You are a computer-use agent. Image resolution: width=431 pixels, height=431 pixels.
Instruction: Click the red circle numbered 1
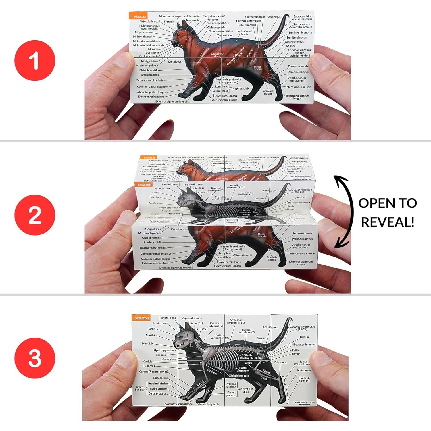[34, 61]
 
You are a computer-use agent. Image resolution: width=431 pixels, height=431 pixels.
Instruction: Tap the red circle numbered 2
[34, 215]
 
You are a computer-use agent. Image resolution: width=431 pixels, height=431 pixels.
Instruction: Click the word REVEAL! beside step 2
[388, 222]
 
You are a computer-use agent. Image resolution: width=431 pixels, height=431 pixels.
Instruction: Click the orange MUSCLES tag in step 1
[139, 16]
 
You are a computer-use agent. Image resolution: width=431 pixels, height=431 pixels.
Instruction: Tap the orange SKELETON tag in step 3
[142, 318]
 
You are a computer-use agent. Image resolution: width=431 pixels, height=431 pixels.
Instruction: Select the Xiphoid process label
[239, 376]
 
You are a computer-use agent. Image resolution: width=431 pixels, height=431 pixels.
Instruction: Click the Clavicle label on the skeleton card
[148, 361]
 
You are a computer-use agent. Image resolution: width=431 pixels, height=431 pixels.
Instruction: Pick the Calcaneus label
[280, 363]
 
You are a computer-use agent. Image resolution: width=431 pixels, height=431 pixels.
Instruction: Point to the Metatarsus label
[304, 370]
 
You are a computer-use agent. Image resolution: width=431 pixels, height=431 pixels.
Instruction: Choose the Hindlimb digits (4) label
[304, 380]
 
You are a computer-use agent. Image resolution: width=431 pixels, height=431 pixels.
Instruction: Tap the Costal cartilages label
[243, 370]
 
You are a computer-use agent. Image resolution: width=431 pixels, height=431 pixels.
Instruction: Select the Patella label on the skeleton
[248, 363]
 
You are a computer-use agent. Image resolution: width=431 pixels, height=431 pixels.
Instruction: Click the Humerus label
[149, 366]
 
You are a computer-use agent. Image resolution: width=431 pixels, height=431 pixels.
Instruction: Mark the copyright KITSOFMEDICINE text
[304, 403]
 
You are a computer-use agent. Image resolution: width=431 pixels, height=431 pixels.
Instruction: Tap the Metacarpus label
[160, 378]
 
